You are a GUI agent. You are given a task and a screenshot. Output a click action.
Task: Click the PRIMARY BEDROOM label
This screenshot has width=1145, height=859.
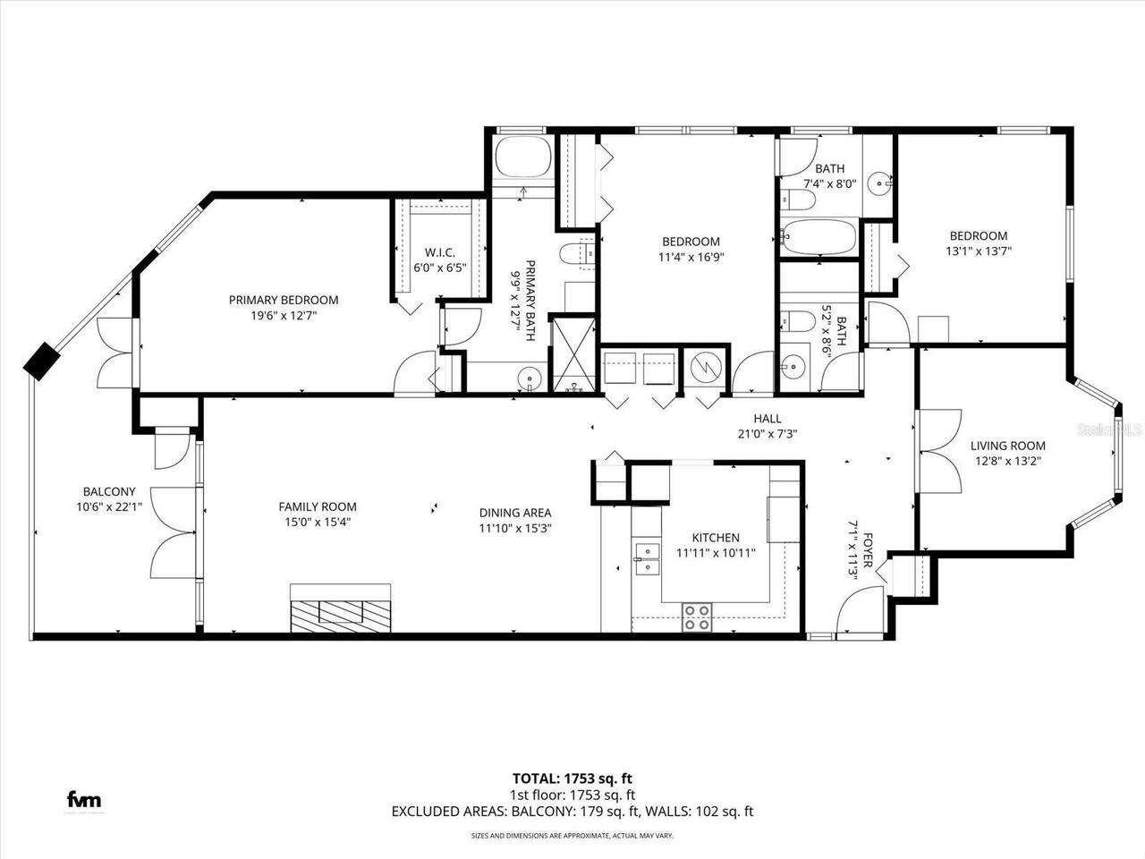[284, 301]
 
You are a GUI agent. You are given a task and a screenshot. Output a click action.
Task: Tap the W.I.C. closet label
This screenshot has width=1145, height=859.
[439, 251]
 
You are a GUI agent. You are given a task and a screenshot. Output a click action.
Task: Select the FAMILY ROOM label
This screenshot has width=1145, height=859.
[317, 506]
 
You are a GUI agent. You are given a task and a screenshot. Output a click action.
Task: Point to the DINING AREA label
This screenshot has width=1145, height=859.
[515, 513]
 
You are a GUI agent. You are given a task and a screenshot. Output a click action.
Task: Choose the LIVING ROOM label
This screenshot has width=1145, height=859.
[1007, 446]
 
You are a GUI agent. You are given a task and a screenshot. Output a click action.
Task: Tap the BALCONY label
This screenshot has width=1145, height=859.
[109, 491]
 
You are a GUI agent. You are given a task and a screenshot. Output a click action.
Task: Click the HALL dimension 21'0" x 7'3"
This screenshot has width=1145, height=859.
[767, 434]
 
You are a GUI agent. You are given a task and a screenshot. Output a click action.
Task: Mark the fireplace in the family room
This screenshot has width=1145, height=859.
[340, 610]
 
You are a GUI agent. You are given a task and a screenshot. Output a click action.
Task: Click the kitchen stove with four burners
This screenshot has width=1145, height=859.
[697, 617]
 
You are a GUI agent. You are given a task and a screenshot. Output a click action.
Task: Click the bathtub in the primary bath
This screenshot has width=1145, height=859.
[522, 159]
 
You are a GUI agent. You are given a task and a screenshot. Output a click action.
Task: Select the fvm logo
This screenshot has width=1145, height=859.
[85, 800]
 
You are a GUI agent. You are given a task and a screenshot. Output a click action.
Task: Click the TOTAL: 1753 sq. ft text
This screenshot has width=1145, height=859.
[572, 778]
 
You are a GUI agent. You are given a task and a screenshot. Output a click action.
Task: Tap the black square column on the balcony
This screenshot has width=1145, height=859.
[41, 361]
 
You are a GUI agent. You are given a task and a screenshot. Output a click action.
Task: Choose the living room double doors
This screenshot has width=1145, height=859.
[937, 451]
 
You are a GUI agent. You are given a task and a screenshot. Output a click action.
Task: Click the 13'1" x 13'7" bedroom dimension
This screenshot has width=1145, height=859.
[978, 251]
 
